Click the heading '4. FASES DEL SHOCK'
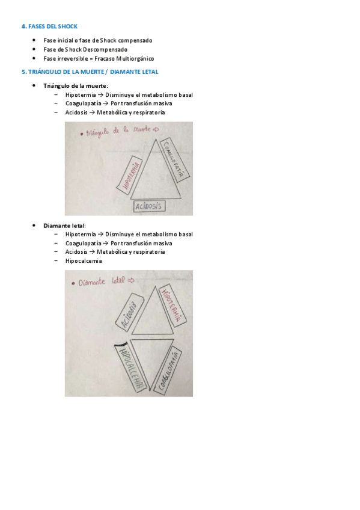tap(49, 26)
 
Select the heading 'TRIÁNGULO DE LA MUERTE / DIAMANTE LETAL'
tap(93, 72)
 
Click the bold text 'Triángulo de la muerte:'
tap(76, 86)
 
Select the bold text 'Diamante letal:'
tap(65, 226)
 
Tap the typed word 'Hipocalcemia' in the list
tap(84, 261)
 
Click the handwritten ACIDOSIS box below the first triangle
tap(149, 206)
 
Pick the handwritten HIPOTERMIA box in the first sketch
tap(130, 176)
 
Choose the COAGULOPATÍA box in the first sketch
tap(175, 159)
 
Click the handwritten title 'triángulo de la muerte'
tap(119, 131)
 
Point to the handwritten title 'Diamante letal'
tap(103, 281)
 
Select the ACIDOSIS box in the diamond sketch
tap(130, 312)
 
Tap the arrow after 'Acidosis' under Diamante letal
tap(93, 252)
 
